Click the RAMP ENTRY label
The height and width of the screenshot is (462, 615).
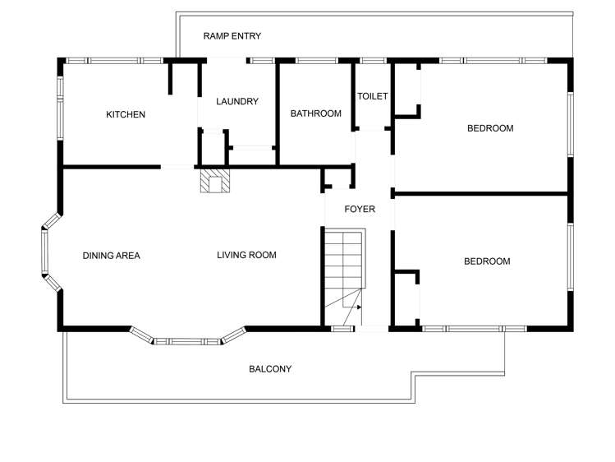tap(232, 35)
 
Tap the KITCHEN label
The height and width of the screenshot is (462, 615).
tap(126, 114)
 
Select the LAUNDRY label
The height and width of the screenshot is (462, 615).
tap(237, 102)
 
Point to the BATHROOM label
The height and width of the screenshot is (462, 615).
tap(315, 113)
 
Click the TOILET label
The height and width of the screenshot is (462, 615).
tap(372, 96)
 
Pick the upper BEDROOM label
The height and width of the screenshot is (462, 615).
tap(490, 127)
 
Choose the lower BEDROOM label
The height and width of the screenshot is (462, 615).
tap(487, 261)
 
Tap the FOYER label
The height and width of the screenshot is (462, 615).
tap(360, 209)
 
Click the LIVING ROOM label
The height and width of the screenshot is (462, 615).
tap(246, 255)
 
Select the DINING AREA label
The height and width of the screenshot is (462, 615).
tap(112, 256)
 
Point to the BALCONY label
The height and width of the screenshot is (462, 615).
tap(270, 369)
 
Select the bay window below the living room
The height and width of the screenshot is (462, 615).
tap(188, 338)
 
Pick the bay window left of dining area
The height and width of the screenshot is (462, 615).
tap(48, 252)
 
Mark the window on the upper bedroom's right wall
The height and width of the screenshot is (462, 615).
tap(570, 123)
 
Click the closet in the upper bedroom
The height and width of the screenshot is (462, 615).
tap(407, 90)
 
